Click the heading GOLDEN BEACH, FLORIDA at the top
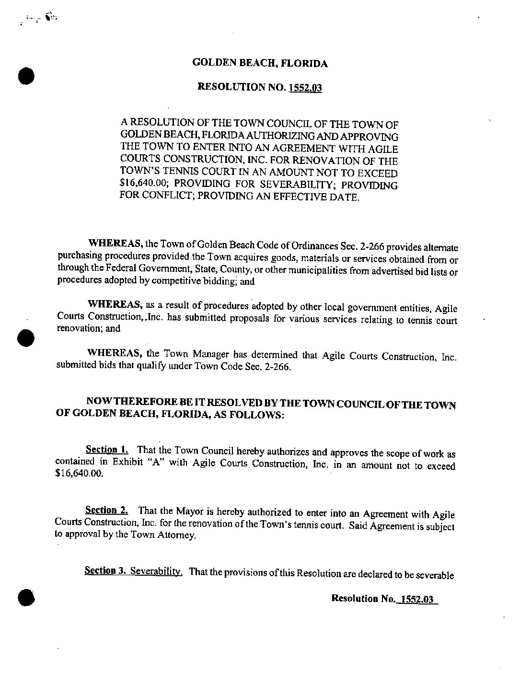click(260, 63)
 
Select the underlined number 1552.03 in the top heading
click(305, 88)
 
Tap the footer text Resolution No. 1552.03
click(384, 599)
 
